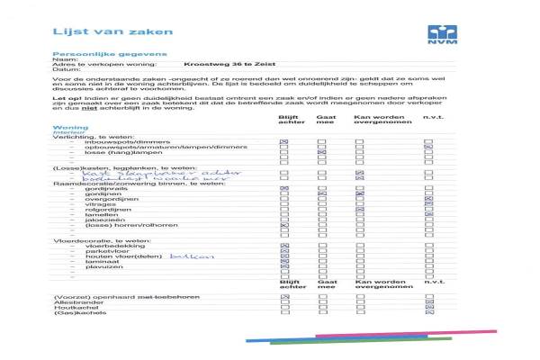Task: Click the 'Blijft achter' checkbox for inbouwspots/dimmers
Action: pyautogui.click(x=284, y=142)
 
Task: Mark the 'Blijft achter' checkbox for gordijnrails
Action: pyautogui.click(x=284, y=188)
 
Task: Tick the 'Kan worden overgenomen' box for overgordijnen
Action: pyautogui.click(x=360, y=199)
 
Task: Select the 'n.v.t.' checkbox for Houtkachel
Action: pyautogui.click(x=428, y=308)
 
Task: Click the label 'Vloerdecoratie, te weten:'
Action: pyautogui.click(x=90, y=239)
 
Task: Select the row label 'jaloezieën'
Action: pyautogui.click(x=101, y=220)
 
